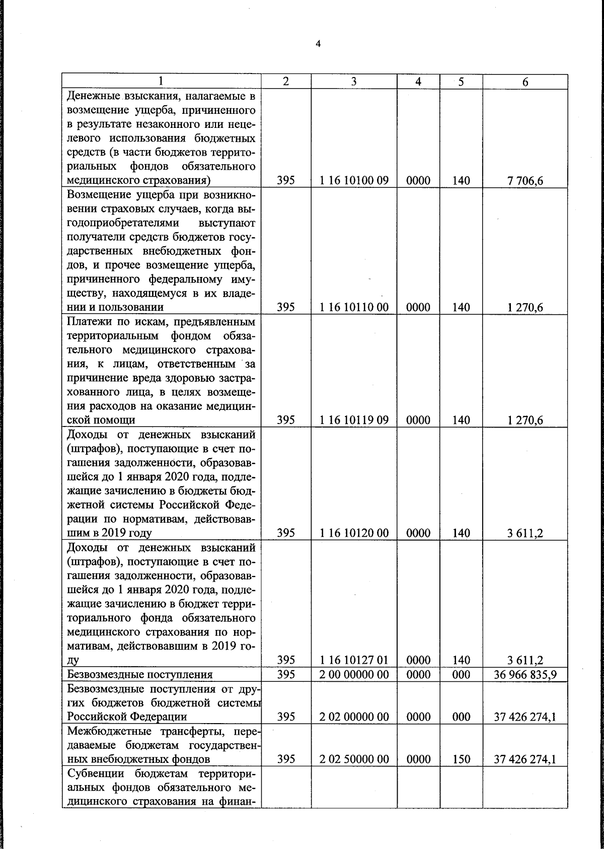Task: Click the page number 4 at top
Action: click(x=318, y=44)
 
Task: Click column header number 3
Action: click(x=354, y=82)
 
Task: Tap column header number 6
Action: click(x=525, y=82)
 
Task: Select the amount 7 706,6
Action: click(x=525, y=181)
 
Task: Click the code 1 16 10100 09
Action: click(x=354, y=181)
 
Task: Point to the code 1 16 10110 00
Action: click(x=354, y=307)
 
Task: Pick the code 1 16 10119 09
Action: click(x=354, y=420)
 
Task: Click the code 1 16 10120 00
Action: click(x=354, y=533)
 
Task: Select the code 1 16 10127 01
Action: click(x=354, y=660)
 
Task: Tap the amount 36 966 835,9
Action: click(x=525, y=674)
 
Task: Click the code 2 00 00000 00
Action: click(x=354, y=674)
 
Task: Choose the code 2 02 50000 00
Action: click(x=354, y=759)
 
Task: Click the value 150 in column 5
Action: click(x=461, y=759)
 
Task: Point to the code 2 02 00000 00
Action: click(x=354, y=717)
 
